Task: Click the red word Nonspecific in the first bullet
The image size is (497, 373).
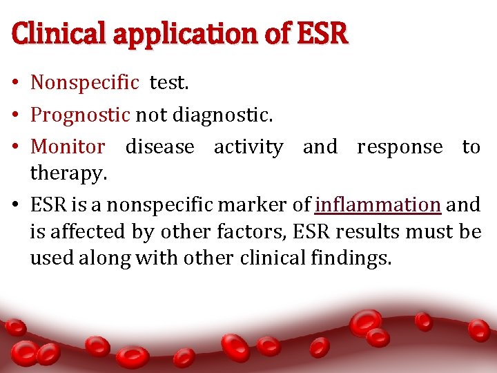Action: pos(85,83)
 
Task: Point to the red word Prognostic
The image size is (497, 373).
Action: pos(80,115)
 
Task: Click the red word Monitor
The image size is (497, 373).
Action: pos(68,146)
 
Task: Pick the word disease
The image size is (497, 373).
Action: pos(159,146)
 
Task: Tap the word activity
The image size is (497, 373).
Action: pos(248,146)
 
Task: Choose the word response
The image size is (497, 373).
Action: pos(400,146)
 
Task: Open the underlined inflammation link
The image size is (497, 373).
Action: pos(378,204)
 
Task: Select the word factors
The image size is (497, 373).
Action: pos(253,231)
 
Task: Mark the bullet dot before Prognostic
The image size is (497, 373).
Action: pos(15,115)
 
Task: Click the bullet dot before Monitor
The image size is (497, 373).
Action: pos(15,147)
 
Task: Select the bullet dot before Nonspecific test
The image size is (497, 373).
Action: pos(15,84)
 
